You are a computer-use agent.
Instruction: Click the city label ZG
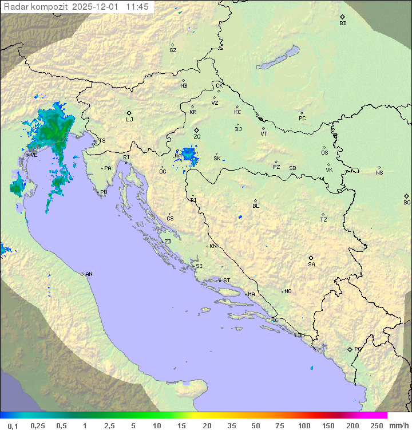(x=197, y=137)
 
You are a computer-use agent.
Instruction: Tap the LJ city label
(x=129, y=119)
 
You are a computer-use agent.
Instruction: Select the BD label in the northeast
(x=343, y=23)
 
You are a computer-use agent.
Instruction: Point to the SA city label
(x=311, y=264)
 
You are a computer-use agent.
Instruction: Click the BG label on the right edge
(x=407, y=202)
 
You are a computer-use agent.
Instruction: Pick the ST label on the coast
(x=227, y=281)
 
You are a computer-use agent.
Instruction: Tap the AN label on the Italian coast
(x=89, y=274)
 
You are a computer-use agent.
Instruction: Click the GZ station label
(x=173, y=50)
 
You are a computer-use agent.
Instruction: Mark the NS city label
(x=379, y=173)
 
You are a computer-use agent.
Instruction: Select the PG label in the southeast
(x=358, y=349)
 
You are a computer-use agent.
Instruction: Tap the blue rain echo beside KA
(x=189, y=155)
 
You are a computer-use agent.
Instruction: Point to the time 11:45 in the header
(x=137, y=7)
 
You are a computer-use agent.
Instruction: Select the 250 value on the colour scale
(x=377, y=425)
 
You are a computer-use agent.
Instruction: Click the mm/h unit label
(x=398, y=425)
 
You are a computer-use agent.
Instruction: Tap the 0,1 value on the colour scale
(x=13, y=425)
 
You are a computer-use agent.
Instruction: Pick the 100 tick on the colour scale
(x=304, y=425)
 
